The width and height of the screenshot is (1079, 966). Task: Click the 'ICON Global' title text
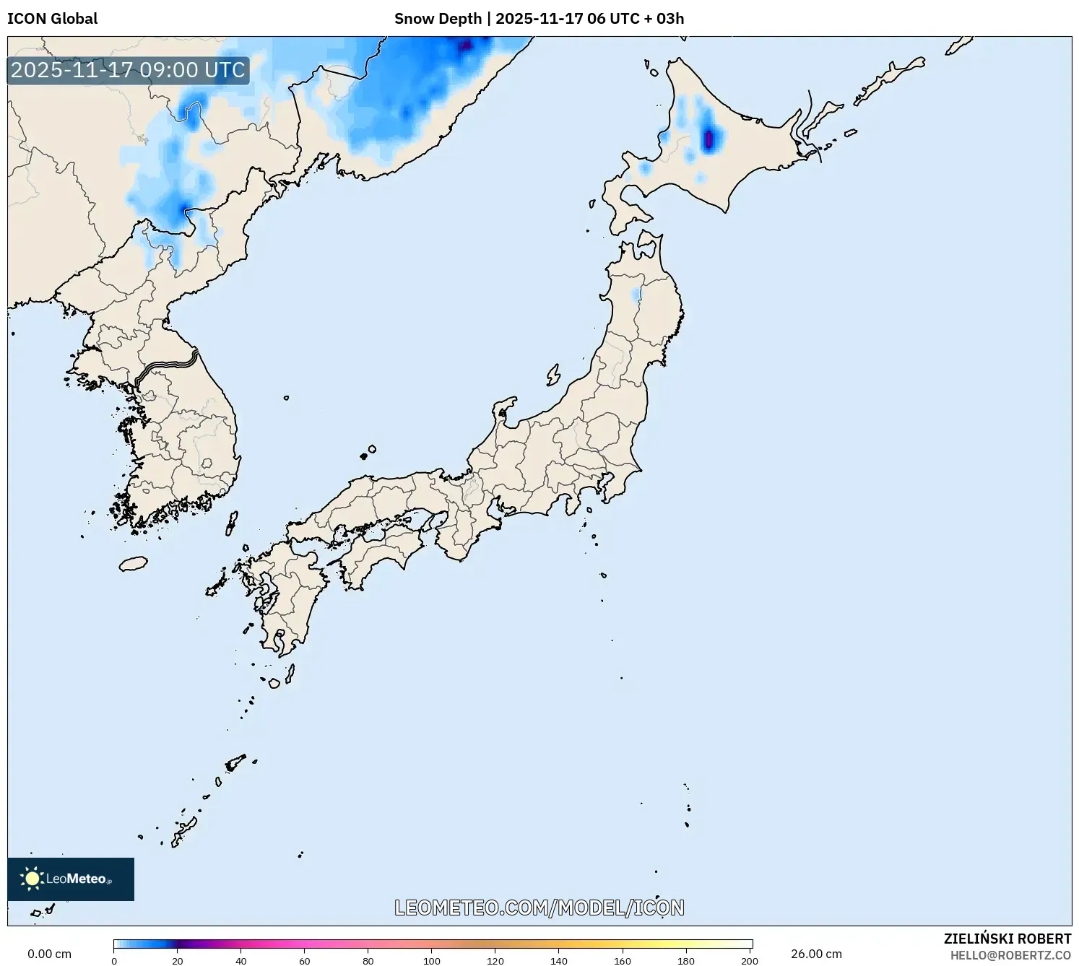(52, 19)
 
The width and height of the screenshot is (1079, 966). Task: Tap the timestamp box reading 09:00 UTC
(128, 70)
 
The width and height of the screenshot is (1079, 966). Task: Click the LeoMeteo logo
(71, 879)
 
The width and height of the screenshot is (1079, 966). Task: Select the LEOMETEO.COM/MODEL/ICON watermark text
(539, 908)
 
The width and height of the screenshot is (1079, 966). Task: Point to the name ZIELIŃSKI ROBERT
(1007, 939)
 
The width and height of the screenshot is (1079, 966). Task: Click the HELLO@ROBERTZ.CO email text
(1010, 955)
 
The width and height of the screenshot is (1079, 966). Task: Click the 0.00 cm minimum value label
(49, 954)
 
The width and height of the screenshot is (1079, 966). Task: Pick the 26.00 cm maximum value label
(816, 954)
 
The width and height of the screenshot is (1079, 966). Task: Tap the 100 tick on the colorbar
(432, 960)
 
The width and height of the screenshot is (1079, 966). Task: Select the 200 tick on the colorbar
(750, 960)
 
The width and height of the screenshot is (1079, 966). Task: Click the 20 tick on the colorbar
(178, 960)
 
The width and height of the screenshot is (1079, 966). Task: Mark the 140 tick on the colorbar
(559, 960)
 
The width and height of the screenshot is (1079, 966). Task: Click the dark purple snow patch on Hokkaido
(709, 138)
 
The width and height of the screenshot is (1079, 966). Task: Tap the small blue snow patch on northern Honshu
(636, 295)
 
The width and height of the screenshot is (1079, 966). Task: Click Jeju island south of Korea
(133, 563)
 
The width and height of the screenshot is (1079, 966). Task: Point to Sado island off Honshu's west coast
(553, 375)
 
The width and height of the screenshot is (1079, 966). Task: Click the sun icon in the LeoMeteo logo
(32, 879)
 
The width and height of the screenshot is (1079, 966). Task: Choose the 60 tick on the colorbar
(305, 960)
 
